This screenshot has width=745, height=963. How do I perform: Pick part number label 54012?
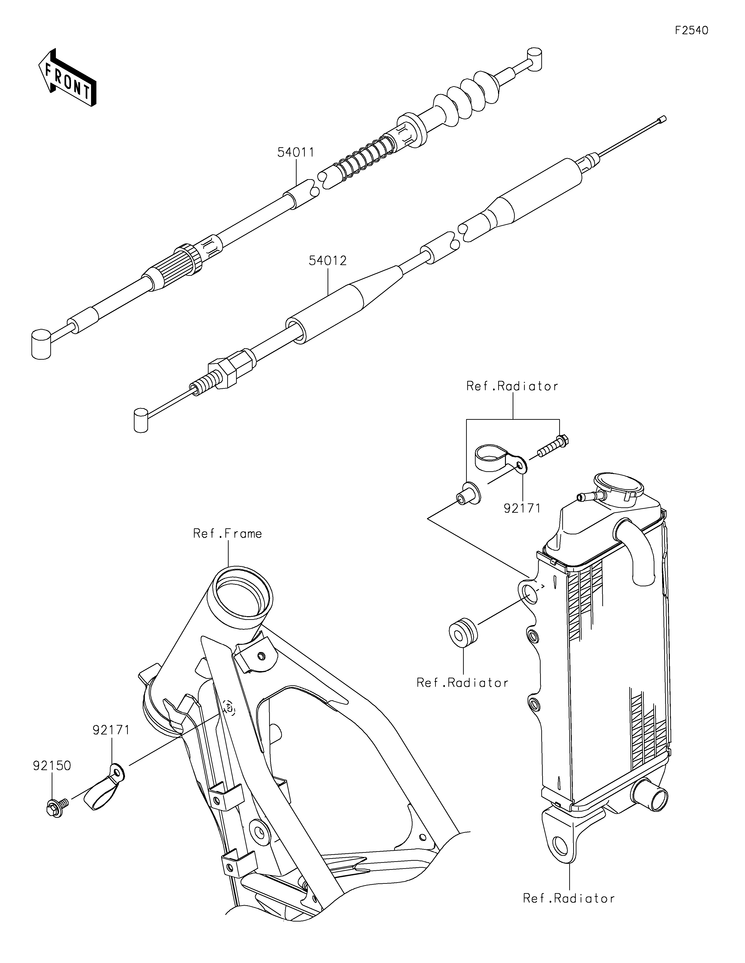pyautogui.click(x=328, y=261)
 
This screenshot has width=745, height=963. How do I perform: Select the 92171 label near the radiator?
pyautogui.click(x=522, y=508)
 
